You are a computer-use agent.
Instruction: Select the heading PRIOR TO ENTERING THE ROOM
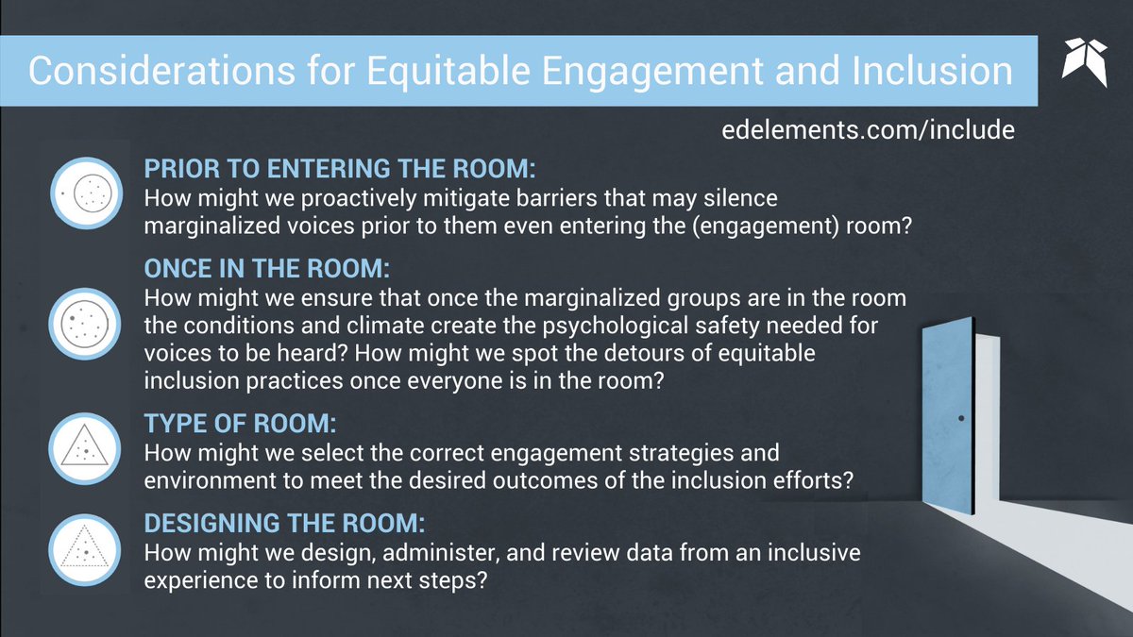click(x=339, y=170)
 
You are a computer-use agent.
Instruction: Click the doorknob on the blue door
click(x=960, y=417)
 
